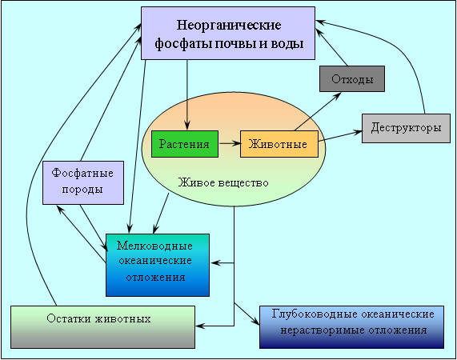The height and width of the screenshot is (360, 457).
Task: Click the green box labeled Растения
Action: click(185, 144)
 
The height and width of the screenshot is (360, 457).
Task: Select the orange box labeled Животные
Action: click(279, 144)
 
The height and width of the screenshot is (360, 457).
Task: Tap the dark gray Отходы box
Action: click(352, 79)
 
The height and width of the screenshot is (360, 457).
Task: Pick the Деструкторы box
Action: click(406, 128)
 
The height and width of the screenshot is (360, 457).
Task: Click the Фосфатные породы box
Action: click(83, 182)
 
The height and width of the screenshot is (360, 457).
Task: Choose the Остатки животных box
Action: click(102, 326)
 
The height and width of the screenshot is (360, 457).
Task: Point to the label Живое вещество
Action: click(223, 182)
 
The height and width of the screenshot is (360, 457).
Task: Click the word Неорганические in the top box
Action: click(229, 25)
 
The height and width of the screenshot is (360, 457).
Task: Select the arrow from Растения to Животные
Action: click(230, 143)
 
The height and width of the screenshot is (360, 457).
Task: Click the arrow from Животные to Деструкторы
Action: click(340, 136)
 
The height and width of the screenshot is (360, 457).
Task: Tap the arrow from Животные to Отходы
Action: click(318, 111)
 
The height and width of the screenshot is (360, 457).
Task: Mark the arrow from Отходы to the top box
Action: click(331, 47)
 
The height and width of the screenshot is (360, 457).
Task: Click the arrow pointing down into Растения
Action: click(186, 94)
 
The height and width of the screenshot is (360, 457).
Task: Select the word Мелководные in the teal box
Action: click(154, 246)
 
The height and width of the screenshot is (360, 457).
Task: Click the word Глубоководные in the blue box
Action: click(315, 314)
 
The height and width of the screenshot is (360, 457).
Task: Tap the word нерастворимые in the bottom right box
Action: click(322, 330)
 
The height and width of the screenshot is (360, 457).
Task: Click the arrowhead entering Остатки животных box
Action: click(201, 326)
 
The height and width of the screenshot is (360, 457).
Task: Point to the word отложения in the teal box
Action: click(155, 277)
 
